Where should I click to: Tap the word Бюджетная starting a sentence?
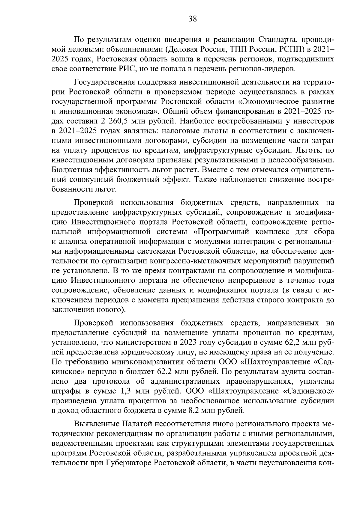point(70,170)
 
